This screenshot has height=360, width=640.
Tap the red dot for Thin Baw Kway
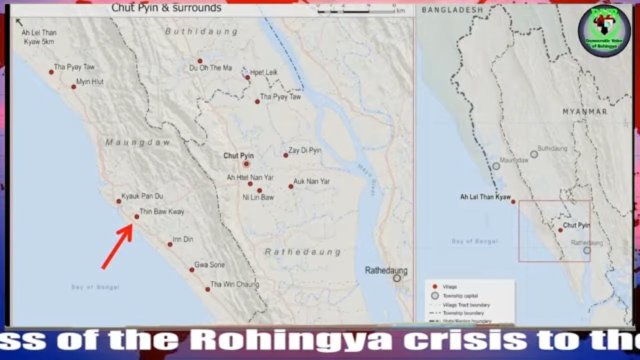[x=136, y=216]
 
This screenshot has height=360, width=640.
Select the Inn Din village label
[x=183, y=239]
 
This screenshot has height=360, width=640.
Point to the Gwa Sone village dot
[x=191, y=269]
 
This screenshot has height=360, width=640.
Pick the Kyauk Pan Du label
[x=142, y=196]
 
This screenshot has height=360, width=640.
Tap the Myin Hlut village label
[x=90, y=81]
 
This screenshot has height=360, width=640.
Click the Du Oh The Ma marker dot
[x=200, y=61]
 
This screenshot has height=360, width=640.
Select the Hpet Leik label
[x=264, y=72]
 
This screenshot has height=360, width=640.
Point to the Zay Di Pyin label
[x=305, y=150]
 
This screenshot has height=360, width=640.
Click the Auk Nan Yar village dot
[x=290, y=186]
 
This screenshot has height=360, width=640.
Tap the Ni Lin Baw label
[x=258, y=197]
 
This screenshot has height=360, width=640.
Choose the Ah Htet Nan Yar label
[x=250, y=177]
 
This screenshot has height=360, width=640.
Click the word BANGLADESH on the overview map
[x=452, y=10]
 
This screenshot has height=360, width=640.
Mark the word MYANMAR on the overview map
[x=584, y=111]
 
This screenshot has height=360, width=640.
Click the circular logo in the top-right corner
[x=604, y=30]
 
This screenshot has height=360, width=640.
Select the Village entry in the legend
[x=450, y=287]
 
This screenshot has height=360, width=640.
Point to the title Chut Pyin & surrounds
[x=166, y=8]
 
